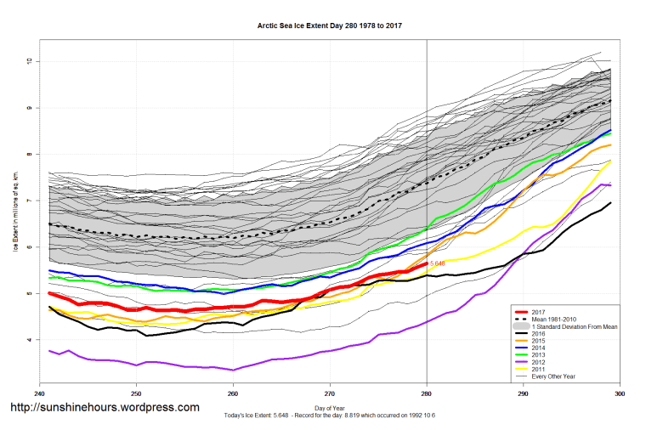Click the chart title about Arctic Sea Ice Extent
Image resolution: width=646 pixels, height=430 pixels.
(330, 25)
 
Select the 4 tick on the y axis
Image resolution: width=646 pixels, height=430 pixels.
(28, 340)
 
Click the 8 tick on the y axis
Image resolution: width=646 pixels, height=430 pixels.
(28, 155)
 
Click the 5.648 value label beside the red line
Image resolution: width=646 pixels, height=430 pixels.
(438, 263)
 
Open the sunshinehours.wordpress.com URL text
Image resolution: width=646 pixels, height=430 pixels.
(103, 408)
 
